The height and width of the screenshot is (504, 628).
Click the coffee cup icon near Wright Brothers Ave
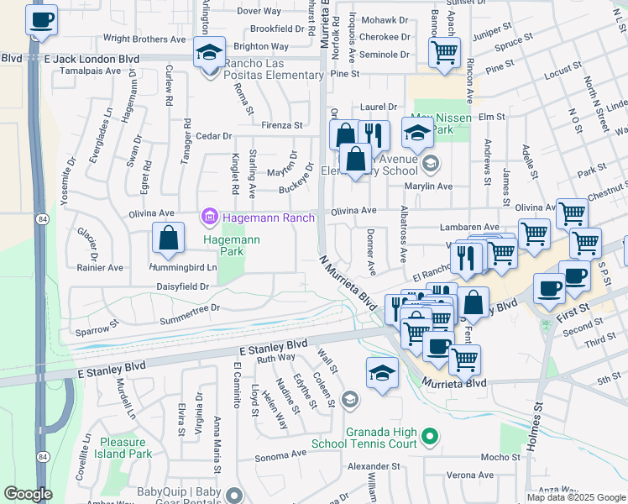(x=42, y=21)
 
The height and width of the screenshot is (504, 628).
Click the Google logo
(x=28, y=494)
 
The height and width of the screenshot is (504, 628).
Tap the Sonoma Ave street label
(x=281, y=454)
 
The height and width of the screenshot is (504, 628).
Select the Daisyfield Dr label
(x=182, y=286)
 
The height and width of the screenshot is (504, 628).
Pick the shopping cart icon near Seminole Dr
(x=444, y=53)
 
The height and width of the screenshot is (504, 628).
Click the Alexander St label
(x=374, y=465)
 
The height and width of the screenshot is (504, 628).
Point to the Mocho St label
(x=501, y=457)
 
